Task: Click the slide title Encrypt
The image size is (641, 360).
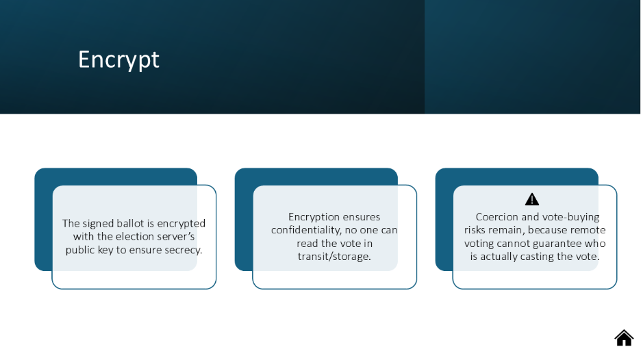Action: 118,60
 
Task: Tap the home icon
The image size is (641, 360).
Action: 624,338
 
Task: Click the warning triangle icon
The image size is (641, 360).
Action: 532,199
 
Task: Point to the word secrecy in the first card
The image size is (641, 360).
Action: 183,250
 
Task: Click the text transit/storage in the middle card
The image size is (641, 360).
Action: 334,257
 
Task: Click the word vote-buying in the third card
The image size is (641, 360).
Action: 573,217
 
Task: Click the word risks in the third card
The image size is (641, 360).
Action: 473,230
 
